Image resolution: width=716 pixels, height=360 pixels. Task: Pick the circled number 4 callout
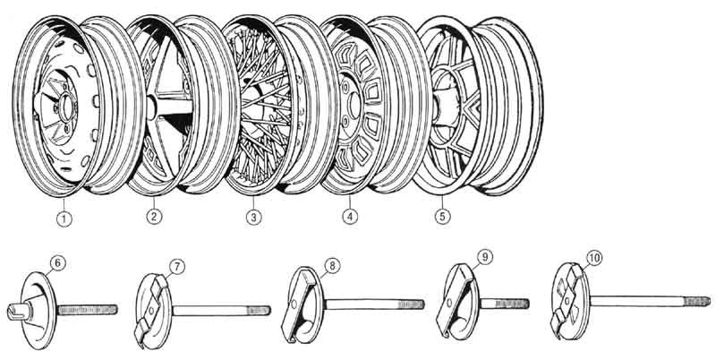pyautogui.click(x=347, y=216)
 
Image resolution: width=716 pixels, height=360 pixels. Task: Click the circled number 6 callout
pyautogui.click(x=58, y=262)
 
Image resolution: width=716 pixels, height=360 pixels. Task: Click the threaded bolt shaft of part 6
pyautogui.click(x=89, y=309)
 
